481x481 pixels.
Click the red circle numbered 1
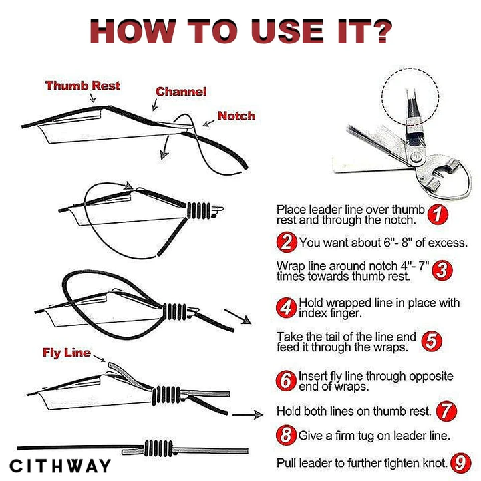[438, 214]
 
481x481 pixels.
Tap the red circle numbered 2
[287, 243]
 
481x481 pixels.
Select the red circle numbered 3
[442, 271]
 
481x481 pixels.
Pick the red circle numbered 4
[286, 308]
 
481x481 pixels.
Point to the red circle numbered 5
[432, 341]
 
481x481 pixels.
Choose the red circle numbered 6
[286, 381]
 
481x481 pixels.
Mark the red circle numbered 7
[446, 411]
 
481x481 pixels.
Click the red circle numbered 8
[286, 435]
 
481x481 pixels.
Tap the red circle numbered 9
[460, 463]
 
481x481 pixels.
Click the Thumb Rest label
[83, 86]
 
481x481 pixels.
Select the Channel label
[181, 92]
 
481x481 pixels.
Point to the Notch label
[236, 116]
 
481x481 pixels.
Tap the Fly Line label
[67, 353]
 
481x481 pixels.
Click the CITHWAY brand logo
[60, 466]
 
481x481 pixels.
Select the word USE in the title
[287, 31]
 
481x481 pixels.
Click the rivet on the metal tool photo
[416, 158]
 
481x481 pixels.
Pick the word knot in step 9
[436, 463]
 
